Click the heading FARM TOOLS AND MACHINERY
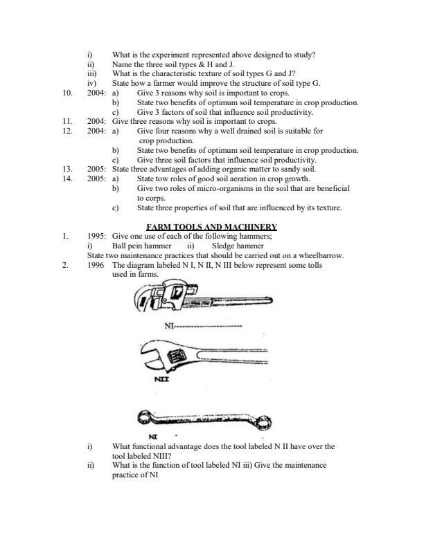point(212,227)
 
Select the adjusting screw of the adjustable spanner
point(173,357)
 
